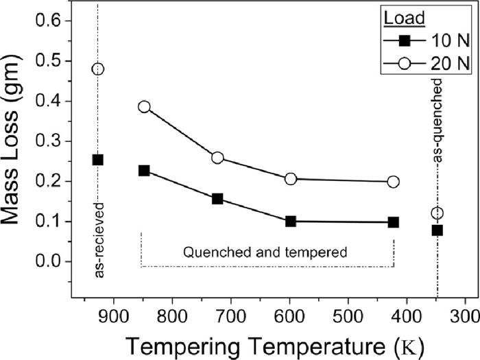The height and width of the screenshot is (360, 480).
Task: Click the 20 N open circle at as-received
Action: click(98, 69)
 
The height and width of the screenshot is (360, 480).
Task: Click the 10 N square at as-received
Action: click(98, 160)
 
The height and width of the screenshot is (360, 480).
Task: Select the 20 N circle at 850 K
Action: click(144, 106)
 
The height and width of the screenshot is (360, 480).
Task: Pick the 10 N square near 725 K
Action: click(217, 199)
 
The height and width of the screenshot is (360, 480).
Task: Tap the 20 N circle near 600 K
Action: click(291, 179)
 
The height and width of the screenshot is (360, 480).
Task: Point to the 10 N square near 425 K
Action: click(393, 222)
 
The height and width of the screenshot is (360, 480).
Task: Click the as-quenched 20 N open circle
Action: click(437, 213)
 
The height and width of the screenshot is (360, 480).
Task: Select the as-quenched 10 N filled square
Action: click(437, 230)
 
